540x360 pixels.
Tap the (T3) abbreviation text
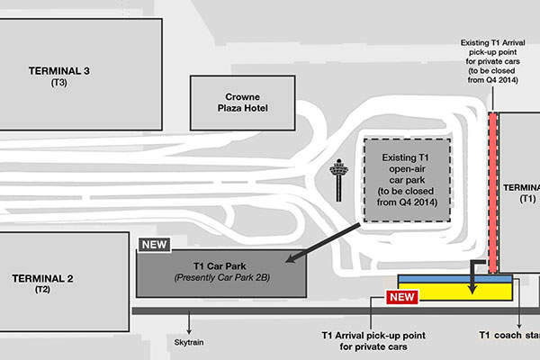(59, 83)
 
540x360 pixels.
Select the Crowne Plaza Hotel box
(243, 102)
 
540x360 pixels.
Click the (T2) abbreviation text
(43, 290)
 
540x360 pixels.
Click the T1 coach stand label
(509, 334)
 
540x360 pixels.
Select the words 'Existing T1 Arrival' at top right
(492, 42)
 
